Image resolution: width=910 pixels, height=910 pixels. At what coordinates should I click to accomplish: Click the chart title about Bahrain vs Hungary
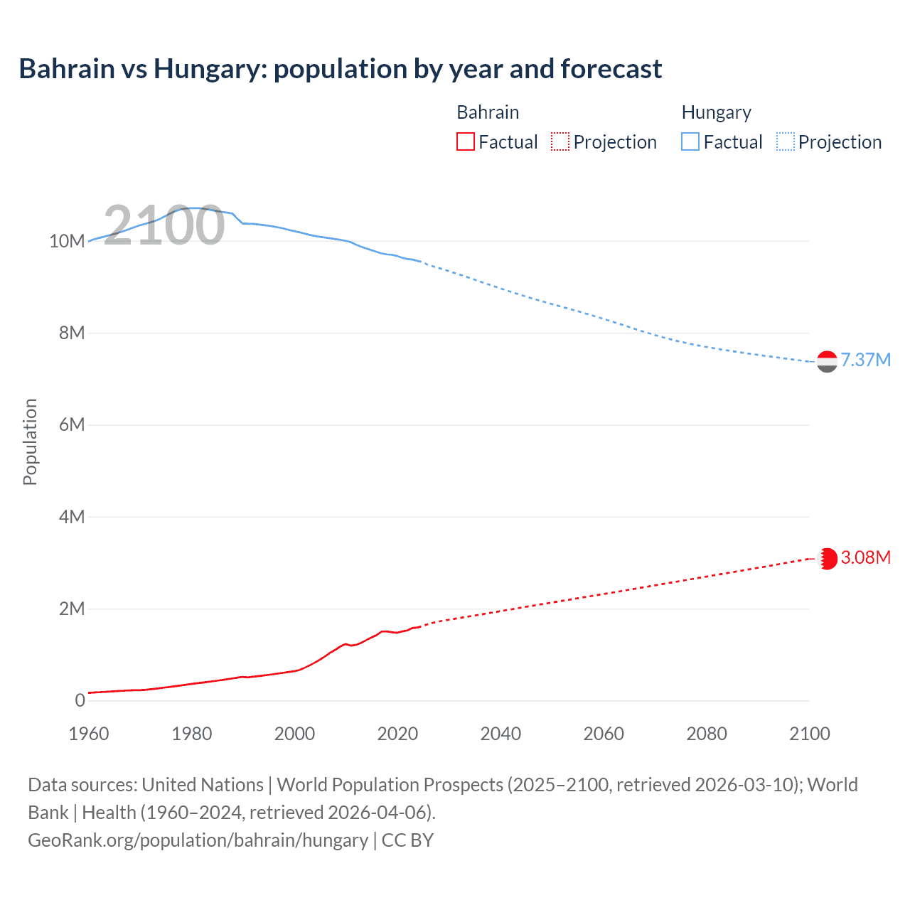coord(340,69)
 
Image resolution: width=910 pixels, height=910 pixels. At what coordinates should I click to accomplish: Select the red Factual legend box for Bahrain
coord(465,142)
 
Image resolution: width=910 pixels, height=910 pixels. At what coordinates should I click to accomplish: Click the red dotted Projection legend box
coord(560,142)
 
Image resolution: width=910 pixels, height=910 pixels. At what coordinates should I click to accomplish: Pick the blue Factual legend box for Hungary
coord(690,142)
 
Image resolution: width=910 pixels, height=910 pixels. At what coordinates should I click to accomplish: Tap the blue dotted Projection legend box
coord(786,142)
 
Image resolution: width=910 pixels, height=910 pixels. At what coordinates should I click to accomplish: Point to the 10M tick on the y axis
coord(67,241)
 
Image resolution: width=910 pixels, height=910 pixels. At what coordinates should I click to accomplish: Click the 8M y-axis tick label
coord(71,333)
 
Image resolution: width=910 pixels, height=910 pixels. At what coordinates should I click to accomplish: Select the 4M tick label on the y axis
coord(71,517)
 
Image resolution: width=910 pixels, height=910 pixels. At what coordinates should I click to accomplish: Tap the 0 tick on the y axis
coord(80,700)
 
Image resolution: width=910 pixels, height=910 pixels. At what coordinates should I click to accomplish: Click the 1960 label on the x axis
coord(89,734)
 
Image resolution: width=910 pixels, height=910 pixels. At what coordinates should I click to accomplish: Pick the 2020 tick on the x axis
coord(397,734)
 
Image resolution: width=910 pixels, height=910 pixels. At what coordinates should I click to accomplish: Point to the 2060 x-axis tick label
coord(604,734)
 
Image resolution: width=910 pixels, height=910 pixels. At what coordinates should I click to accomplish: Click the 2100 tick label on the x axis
coord(809,734)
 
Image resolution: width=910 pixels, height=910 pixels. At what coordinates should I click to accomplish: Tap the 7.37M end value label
coord(865,360)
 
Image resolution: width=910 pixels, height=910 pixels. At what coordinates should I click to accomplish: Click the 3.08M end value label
coord(865,557)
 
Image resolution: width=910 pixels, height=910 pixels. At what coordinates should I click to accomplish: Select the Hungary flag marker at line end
coord(827,362)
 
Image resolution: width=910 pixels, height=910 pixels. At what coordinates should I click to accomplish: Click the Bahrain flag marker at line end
coord(827,559)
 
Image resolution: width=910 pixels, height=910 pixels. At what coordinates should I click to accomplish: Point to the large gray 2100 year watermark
coord(164,225)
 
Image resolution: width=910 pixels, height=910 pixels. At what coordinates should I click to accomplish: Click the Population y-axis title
coord(30,441)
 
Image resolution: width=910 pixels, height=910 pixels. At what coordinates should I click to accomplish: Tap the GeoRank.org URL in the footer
coord(198,840)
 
